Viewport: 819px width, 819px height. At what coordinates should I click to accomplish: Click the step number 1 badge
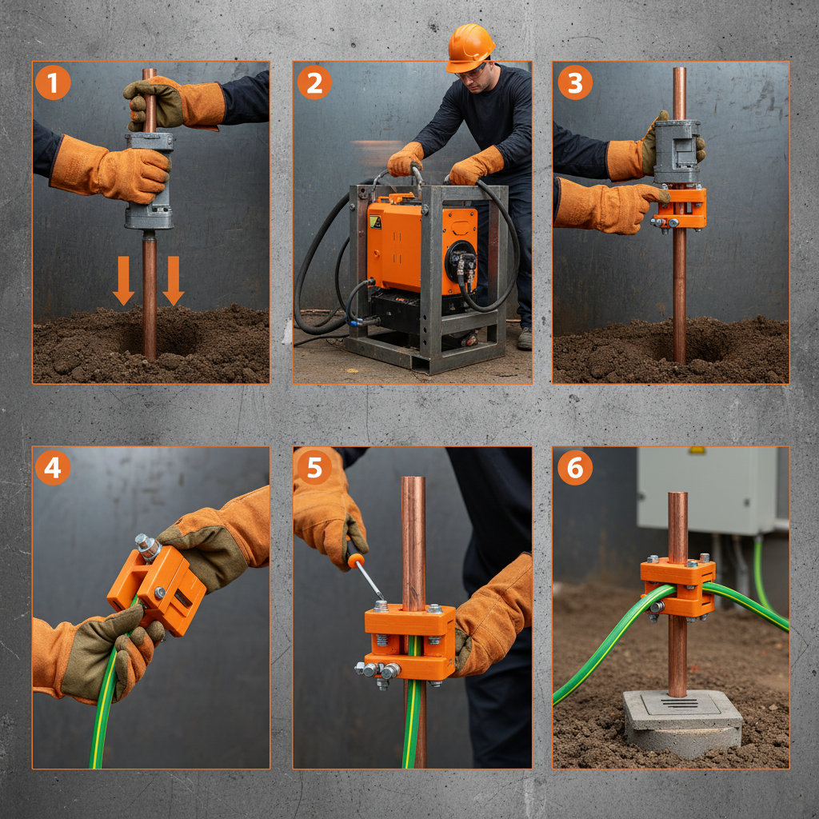click(53, 83)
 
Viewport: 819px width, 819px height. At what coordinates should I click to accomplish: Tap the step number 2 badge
click(314, 83)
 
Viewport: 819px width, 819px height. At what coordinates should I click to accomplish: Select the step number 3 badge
click(574, 83)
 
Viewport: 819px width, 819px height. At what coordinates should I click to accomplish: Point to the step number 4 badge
click(53, 468)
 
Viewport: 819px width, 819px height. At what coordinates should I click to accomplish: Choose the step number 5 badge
click(314, 468)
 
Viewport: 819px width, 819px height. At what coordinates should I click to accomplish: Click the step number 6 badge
click(574, 468)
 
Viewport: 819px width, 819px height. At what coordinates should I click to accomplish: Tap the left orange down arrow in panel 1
click(123, 281)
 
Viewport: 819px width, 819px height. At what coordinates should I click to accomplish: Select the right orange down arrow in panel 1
click(174, 281)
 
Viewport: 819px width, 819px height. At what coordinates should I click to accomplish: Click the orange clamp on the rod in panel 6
click(678, 587)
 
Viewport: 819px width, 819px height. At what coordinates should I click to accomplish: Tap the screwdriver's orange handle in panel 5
click(356, 561)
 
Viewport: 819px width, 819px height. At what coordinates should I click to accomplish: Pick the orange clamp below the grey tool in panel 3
click(681, 207)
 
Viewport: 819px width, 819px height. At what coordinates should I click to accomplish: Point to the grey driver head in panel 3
click(677, 151)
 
